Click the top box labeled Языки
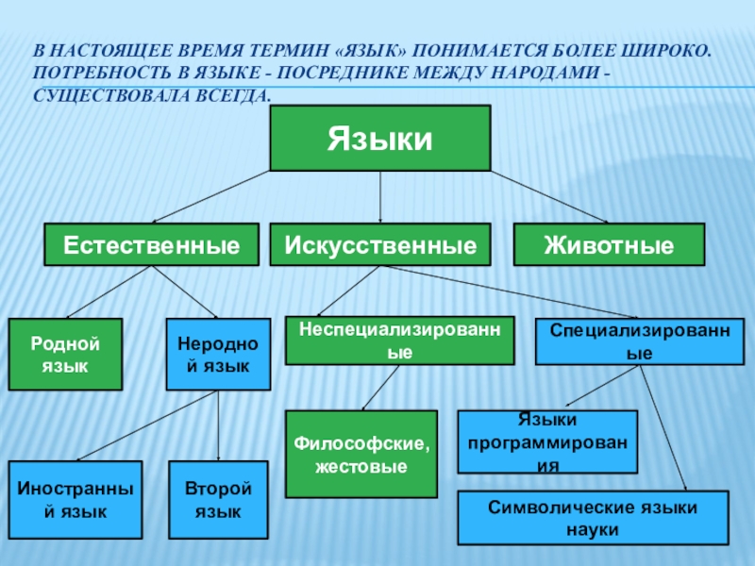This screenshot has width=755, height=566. [x=380, y=139]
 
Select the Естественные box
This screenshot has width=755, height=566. [x=151, y=244]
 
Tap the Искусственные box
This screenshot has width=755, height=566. [x=380, y=244]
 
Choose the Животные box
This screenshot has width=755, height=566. [x=609, y=244]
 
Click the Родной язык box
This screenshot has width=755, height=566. [x=65, y=354]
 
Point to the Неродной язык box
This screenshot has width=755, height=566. [x=218, y=354]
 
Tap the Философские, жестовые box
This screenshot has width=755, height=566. [x=361, y=454]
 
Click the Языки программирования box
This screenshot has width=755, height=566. [x=547, y=441]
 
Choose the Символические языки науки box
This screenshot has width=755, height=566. [x=593, y=518]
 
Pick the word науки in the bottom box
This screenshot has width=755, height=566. [x=593, y=529]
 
